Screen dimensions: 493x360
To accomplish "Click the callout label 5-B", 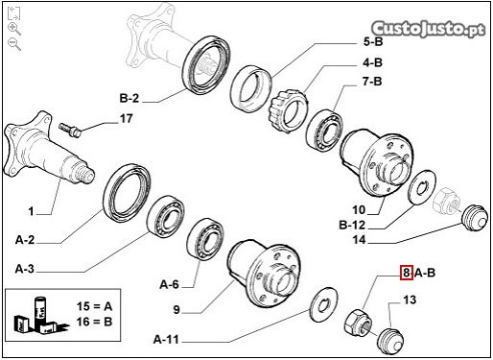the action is tap(373, 42).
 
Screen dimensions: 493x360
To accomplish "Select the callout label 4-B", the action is tap(372, 62).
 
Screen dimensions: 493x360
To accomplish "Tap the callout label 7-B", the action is tap(372, 82).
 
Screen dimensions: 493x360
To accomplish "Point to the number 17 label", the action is tap(126, 119).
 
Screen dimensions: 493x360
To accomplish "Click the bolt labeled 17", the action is tap(70, 130).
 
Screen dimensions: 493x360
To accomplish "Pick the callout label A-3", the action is tap(25, 269).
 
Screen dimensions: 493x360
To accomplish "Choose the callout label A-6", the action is tap(169, 284).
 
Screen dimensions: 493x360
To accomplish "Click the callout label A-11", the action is tap(166, 339).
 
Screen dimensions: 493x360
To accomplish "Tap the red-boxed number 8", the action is tap(407, 273).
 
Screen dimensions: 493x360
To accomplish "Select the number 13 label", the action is tap(410, 300).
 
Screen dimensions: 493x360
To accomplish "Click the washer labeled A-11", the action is tap(323, 304).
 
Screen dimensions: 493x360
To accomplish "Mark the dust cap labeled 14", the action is tap(475, 217).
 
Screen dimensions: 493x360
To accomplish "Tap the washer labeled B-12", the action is tap(422, 187).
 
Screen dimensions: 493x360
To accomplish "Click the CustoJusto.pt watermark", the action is tap(429, 29).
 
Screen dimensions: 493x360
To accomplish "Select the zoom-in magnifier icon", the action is tap(14, 29).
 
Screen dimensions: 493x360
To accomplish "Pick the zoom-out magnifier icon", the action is tap(14, 44).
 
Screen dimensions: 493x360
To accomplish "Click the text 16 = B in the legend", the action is tap(94, 322).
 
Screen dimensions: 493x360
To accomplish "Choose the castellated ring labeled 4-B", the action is tap(287, 110).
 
